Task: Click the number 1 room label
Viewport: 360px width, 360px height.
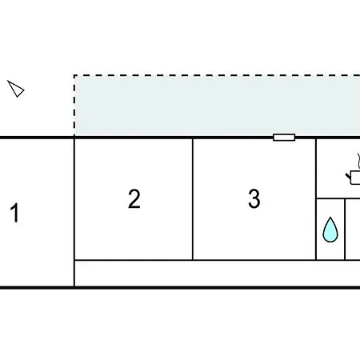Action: click(x=15, y=213)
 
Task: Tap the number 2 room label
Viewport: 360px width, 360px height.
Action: click(x=134, y=198)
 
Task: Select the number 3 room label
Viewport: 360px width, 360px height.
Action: click(x=254, y=198)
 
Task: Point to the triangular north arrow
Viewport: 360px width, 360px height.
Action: click(x=16, y=89)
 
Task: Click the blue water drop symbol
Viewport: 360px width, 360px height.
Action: click(x=330, y=230)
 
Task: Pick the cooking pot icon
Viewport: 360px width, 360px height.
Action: click(x=354, y=178)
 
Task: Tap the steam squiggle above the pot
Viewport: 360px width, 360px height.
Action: click(x=358, y=161)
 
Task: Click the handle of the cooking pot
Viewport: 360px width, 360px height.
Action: click(x=348, y=176)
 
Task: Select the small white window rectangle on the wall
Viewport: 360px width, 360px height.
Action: click(x=284, y=138)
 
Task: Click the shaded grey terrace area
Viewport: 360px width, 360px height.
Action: click(x=217, y=106)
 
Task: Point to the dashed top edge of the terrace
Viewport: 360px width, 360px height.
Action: click(x=217, y=75)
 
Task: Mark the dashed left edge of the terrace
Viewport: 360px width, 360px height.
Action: click(x=74, y=106)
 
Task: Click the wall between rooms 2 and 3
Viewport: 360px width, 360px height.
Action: click(x=193, y=199)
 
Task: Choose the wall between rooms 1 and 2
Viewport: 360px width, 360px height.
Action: click(x=74, y=213)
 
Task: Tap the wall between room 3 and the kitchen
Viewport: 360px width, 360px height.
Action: click(x=316, y=199)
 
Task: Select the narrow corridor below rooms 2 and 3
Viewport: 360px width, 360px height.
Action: click(x=217, y=273)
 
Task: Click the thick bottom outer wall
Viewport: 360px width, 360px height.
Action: click(x=180, y=288)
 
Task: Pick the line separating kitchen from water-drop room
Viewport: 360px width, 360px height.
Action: click(x=338, y=198)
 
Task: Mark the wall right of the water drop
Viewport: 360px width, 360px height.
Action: click(x=345, y=230)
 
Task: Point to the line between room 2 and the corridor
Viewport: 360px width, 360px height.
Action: click(x=134, y=260)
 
